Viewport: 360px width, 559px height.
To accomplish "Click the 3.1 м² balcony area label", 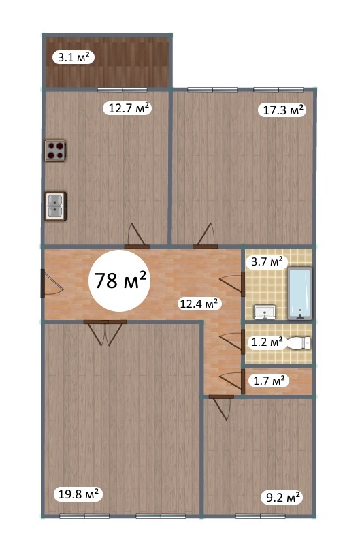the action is tap(73, 57).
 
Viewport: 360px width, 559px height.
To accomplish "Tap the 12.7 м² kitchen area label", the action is tap(128, 108).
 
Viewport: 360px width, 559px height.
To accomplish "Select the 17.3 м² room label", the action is tap(282, 110).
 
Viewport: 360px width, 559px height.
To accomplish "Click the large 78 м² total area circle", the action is tap(119, 281).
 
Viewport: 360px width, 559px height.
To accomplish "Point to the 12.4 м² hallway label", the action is tap(199, 304).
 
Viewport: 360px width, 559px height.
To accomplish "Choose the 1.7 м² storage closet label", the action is tap(269, 381).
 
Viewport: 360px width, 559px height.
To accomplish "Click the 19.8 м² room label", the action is tap(78, 494).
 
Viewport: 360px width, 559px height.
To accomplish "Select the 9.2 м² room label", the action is tap(282, 497).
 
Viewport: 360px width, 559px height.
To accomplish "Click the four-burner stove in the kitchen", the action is tap(56, 150).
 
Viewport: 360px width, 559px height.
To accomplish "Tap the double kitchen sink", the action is tap(56, 206).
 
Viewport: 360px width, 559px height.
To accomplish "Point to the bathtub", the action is tap(299, 293).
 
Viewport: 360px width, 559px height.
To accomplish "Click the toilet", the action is tap(299, 343).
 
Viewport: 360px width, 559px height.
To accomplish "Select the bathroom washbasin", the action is tap(265, 312).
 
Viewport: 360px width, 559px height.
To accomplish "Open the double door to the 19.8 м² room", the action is tap(105, 333).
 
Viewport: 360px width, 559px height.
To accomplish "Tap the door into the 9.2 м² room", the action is tap(221, 407).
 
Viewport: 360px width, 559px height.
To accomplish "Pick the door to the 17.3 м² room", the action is tap(206, 236).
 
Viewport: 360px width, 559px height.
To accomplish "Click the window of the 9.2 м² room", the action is tap(260, 516).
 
